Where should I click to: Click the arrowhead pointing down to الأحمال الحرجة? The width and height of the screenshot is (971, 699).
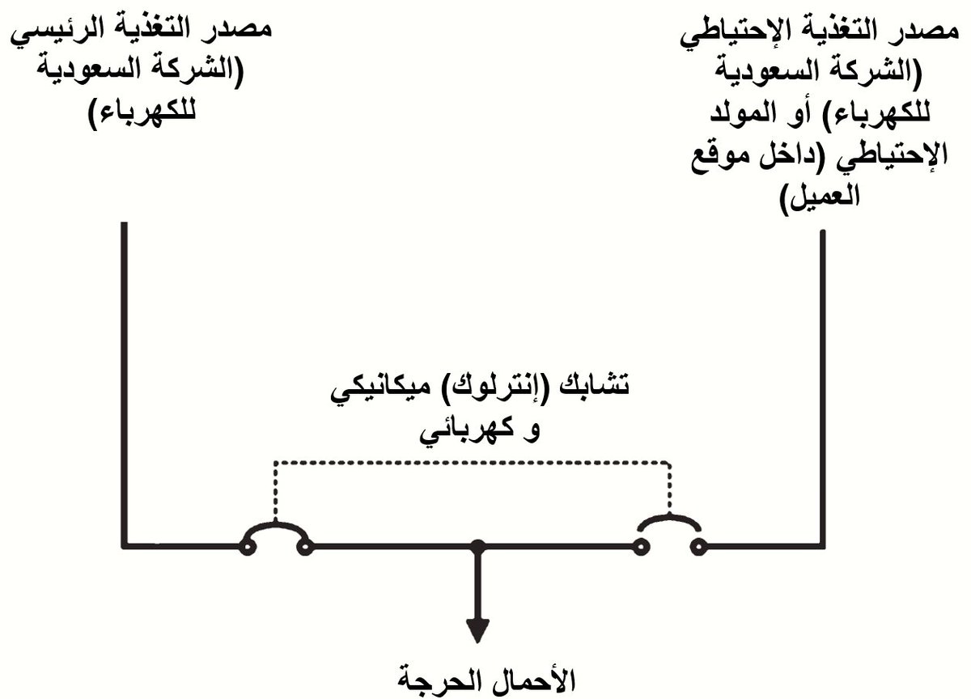478,629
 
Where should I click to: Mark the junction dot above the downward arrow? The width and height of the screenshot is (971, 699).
478,547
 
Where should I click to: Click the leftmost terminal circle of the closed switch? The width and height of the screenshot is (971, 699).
246,548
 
